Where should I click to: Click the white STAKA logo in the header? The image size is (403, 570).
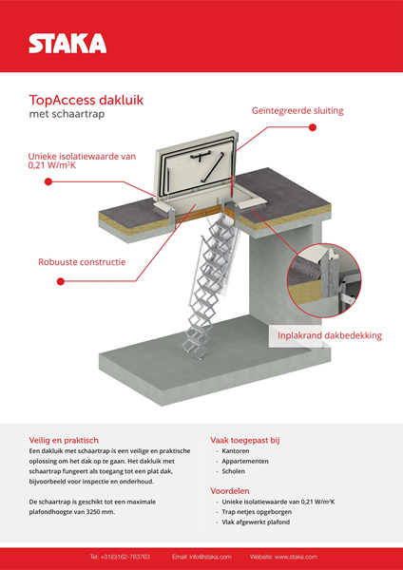point(67,44)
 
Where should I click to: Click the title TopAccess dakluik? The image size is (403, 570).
point(86,100)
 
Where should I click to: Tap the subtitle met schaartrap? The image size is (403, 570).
point(67,114)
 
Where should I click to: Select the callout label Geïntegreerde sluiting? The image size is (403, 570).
point(297,111)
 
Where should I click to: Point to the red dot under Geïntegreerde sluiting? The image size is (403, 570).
point(313,127)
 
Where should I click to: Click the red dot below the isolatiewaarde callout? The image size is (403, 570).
point(48,181)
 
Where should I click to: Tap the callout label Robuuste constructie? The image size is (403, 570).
point(82,262)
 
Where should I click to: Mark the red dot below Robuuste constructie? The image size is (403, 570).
point(61,281)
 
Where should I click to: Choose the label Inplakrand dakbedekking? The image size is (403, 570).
point(330,335)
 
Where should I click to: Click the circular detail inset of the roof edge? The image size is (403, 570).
point(324,280)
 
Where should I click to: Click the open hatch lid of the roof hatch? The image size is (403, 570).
point(197,164)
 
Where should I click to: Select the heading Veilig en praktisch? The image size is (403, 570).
point(64,440)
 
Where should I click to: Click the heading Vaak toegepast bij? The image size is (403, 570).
point(245,441)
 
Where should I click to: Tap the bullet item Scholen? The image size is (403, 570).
point(234,471)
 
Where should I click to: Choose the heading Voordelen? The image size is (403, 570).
point(230,491)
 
